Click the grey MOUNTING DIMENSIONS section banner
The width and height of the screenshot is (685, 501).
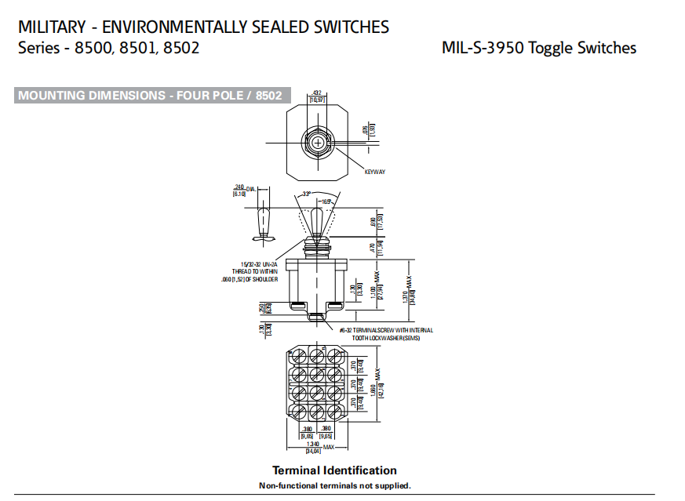(149, 96)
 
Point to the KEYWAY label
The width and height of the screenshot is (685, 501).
(375, 172)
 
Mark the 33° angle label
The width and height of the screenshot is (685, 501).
(307, 194)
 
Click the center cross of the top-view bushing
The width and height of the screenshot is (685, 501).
(317, 142)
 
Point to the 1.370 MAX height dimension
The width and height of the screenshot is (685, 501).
(405, 296)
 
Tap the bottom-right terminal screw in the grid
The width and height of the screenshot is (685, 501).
(337, 409)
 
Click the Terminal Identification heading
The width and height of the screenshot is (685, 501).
(334, 470)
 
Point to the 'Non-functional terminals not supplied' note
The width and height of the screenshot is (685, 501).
(334, 486)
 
